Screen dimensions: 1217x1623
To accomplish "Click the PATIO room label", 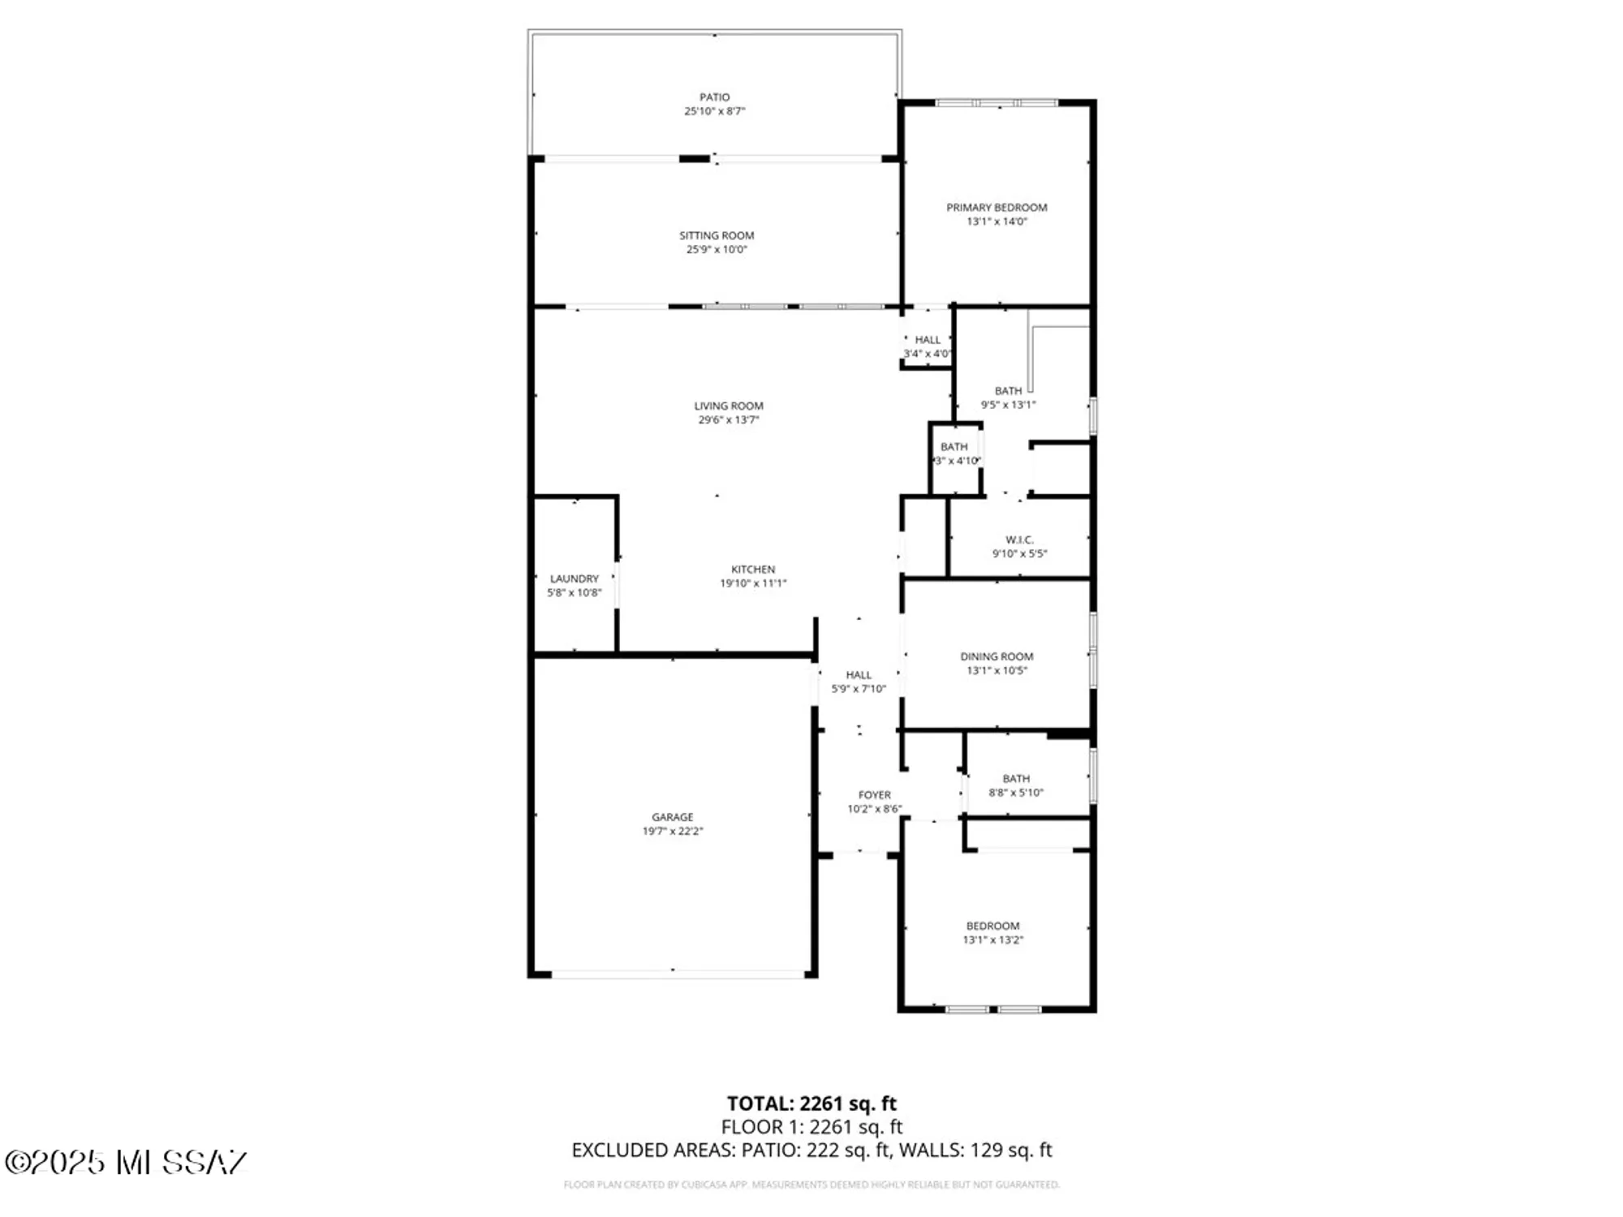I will point(714,97).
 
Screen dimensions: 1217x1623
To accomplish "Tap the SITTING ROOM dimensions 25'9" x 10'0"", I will point(716,250).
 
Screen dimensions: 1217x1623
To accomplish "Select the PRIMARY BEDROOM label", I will point(997,207).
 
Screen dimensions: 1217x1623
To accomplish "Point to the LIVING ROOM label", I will point(728,406).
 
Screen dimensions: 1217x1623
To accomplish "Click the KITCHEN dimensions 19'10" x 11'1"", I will point(752,583).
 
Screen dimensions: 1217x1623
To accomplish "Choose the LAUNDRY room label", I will point(574,578).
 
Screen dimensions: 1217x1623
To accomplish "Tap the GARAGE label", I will point(672,817).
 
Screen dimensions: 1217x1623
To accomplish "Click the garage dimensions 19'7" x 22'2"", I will point(672,831).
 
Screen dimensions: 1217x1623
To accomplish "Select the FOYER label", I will point(874,795).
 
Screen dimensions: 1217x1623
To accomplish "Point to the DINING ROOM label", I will point(997,656).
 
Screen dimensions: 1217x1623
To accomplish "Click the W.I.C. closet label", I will point(1019,540).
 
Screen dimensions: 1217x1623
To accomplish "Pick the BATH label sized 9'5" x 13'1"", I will point(1008,390).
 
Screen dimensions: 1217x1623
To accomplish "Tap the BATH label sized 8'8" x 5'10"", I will point(1015,778).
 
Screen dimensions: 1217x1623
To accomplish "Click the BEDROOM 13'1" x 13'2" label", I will point(992,926).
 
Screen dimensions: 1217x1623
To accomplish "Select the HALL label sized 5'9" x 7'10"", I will point(859,674).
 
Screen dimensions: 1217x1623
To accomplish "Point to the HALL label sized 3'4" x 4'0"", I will point(928,340).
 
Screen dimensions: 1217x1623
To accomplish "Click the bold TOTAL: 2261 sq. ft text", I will point(811,1103).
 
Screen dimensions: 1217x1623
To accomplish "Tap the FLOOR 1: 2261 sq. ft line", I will point(811,1127).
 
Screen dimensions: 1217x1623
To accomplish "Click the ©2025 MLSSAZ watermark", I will point(126,1162).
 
